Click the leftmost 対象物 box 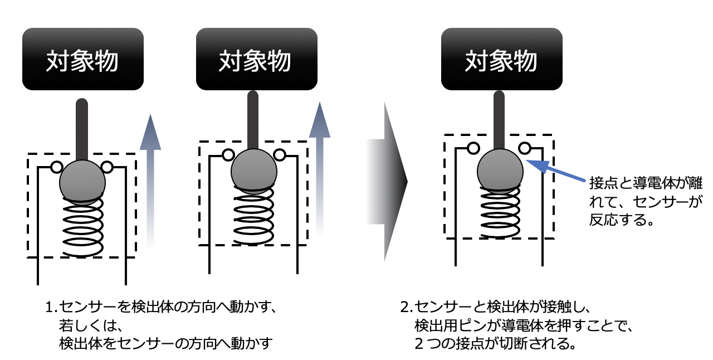[x=83, y=59]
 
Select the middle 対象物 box [x=257, y=59]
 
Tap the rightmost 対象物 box [x=502, y=59]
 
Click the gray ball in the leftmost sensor [x=82, y=183]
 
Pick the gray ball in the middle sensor [x=253, y=172]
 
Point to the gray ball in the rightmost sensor [x=500, y=172]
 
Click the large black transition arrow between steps [x=387, y=182]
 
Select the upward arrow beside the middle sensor [x=320, y=169]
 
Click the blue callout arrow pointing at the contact [x=555, y=171]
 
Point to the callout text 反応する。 [x=621, y=220]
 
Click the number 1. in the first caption [x=52, y=307]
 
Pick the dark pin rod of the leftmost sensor [x=82, y=130]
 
